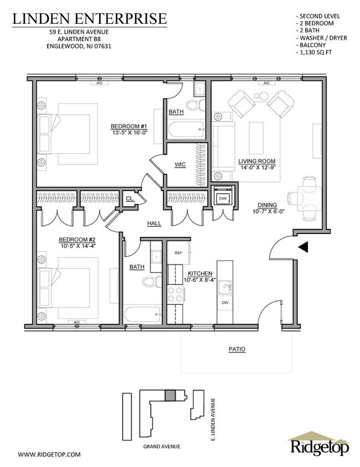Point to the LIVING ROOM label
(256, 162)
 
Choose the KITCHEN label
(200, 274)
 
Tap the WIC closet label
(179, 164)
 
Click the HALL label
(154, 224)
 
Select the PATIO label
(236, 350)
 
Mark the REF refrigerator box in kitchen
(179, 253)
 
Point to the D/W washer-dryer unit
(223, 198)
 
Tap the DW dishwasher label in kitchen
(225, 303)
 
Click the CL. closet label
(130, 199)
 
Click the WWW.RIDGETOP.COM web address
(49, 454)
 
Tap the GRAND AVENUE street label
(161, 445)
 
